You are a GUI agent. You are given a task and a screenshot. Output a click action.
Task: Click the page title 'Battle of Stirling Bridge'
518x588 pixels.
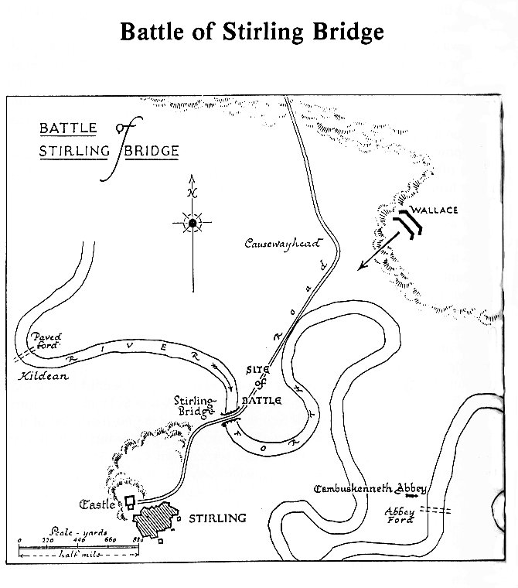(251, 32)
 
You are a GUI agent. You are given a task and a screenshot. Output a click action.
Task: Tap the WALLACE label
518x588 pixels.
(435, 210)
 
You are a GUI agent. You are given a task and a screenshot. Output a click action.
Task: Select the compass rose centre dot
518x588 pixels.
(192, 224)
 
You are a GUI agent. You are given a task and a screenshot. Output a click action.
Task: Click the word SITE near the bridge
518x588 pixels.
(257, 371)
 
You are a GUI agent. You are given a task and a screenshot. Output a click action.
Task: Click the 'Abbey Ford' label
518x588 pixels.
(400, 515)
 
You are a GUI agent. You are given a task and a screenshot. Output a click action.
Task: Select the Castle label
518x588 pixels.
(97, 505)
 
